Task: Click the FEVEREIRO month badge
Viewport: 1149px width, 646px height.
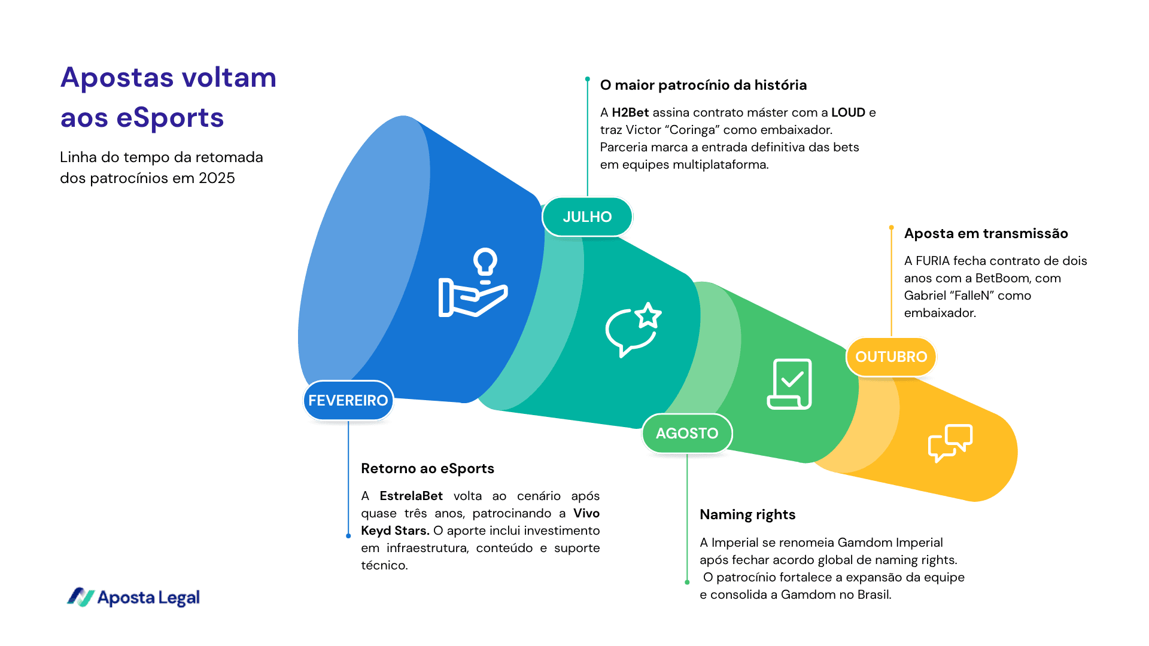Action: point(348,400)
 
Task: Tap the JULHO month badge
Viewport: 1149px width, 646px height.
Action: point(587,217)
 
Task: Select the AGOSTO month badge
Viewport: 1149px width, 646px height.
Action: point(686,433)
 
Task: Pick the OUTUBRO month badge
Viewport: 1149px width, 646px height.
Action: point(890,356)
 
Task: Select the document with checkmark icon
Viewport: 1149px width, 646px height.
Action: point(789,384)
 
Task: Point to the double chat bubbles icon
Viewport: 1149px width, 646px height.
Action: point(950,443)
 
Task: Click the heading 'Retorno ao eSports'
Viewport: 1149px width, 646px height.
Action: point(427,468)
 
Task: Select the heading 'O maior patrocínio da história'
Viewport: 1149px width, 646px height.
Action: point(703,85)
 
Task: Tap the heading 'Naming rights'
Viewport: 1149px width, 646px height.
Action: point(747,514)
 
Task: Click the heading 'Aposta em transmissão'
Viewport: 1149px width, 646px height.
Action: point(986,233)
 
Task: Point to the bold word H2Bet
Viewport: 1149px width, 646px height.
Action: point(630,112)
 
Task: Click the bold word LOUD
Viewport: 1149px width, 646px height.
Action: point(848,112)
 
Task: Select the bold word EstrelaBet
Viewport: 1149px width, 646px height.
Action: point(411,496)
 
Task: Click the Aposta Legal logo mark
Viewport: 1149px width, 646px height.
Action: point(80,597)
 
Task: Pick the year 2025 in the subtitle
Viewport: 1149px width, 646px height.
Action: point(217,178)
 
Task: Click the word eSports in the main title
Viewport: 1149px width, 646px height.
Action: point(170,118)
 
